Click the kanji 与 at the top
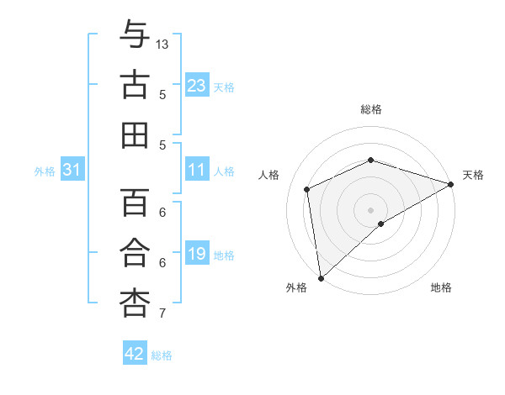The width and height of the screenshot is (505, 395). [x=135, y=35]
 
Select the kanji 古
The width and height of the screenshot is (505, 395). [x=135, y=86]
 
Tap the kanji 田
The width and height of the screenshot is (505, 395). [x=135, y=135]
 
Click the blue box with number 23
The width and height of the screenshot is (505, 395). [x=197, y=86]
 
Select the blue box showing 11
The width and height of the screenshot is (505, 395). [x=197, y=171]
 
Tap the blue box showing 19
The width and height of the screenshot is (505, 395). [x=197, y=254]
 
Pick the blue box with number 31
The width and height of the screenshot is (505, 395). [x=72, y=171]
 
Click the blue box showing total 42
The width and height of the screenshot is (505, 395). [x=135, y=354]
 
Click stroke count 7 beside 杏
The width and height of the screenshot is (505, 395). [x=162, y=313]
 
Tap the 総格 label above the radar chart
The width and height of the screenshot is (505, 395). [x=371, y=109]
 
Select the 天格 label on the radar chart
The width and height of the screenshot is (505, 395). [x=473, y=175]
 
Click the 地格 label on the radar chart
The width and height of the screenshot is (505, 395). [x=441, y=287]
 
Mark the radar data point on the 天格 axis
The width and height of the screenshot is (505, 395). [x=451, y=183]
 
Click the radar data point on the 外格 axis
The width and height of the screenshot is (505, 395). [x=321, y=277]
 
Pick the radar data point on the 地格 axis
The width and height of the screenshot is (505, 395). [x=381, y=224]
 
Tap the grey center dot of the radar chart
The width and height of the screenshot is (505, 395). [x=371, y=209]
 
